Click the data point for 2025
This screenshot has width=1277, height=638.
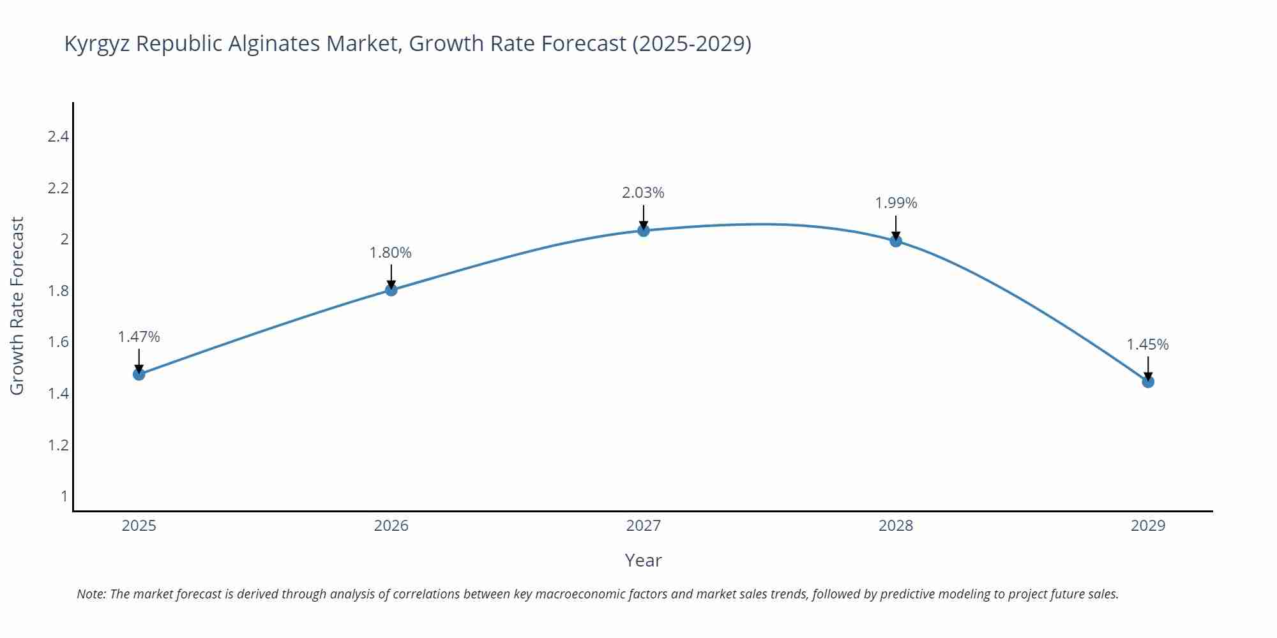[x=139, y=374]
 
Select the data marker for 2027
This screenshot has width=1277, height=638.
[x=644, y=230]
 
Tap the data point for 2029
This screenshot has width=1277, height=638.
[x=1148, y=382]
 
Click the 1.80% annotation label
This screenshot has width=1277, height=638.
[x=391, y=253]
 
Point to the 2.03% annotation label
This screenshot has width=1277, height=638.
[x=644, y=193]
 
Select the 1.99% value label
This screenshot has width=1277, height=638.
[x=896, y=203]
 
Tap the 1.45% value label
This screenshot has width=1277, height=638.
[x=1147, y=345]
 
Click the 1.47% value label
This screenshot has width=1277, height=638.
[x=139, y=337]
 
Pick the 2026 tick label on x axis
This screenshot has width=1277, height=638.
[x=391, y=526]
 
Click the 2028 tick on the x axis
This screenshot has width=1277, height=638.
[x=896, y=526]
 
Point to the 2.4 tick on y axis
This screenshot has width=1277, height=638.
[x=58, y=137]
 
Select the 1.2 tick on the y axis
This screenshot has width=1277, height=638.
[x=58, y=445]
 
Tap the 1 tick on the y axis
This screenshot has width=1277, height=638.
[x=64, y=496]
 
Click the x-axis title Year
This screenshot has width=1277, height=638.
[x=643, y=560]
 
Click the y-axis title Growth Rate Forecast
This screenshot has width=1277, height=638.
[x=17, y=306]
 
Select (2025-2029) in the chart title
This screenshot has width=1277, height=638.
[x=691, y=43]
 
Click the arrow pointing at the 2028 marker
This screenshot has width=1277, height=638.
[x=896, y=227]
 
